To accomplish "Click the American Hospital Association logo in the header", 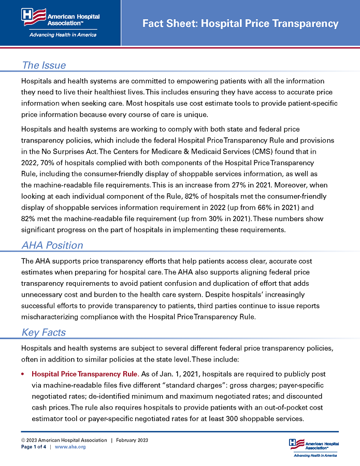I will pyautogui.click(x=61, y=18).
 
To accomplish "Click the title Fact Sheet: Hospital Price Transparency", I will pyautogui.click(x=240, y=23).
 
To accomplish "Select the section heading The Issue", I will pyautogui.click(x=44, y=65).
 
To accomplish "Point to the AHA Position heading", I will pyautogui.click(x=52, y=245).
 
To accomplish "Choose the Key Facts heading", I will pyautogui.click(x=44, y=332).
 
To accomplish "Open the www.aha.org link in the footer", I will pyautogui.click(x=70, y=446).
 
